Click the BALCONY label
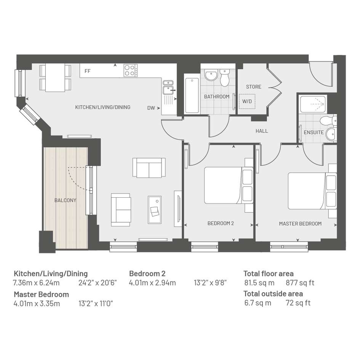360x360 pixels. click(x=65, y=200)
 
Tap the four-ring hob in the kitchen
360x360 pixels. click(x=131, y=70)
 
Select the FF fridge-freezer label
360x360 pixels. click(x=88, y=71)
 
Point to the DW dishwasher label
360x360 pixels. click(x=151, y=108)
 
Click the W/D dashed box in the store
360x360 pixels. click(x=247, y=101)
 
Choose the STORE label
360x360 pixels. click(x=253, y=87)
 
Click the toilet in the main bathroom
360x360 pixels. click(x=224, y=78)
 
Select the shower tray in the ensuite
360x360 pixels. click(x=313, y=104)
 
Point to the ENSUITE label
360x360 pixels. click(x=314, y=133)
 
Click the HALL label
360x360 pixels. click(x=262, y=131)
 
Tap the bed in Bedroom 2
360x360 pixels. click(x=229, y=185)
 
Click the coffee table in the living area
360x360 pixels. click(x=155, y=210)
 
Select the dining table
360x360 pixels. click(x=55, y=77)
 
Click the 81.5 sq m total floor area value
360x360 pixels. click(x=259, y=283)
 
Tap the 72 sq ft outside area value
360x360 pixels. click(x=298, y=303)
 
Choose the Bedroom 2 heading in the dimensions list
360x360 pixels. click(x=147, y=274)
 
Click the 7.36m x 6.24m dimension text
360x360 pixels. click(x=36, y=283)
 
